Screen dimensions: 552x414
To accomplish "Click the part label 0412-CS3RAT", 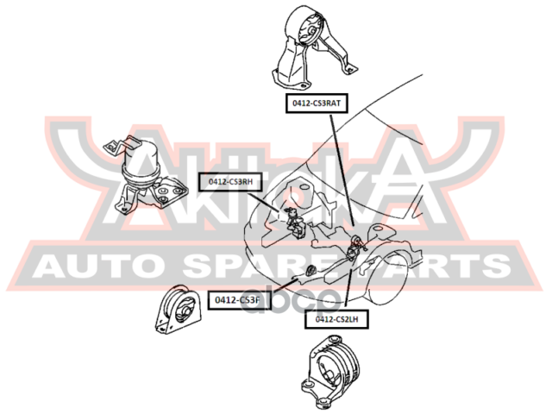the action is (x=317, y=103).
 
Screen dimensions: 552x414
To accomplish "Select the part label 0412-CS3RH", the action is (x=230, y=182).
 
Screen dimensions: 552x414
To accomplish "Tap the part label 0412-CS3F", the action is (x=239, y=300).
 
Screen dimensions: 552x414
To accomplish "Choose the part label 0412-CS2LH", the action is (x=336, y=319).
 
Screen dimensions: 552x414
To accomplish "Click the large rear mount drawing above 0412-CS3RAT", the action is (x=312, y=47).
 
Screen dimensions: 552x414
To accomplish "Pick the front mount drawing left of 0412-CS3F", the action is (x=179, y=310).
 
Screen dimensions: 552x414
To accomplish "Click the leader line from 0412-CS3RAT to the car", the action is (x=342, y=170).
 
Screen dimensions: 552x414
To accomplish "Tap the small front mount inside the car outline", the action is (x=310, y=269).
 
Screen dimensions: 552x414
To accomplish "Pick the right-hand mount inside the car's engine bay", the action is (x=295, y=223).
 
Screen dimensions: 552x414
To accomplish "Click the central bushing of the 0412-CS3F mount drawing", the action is (x=185, y=310).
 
